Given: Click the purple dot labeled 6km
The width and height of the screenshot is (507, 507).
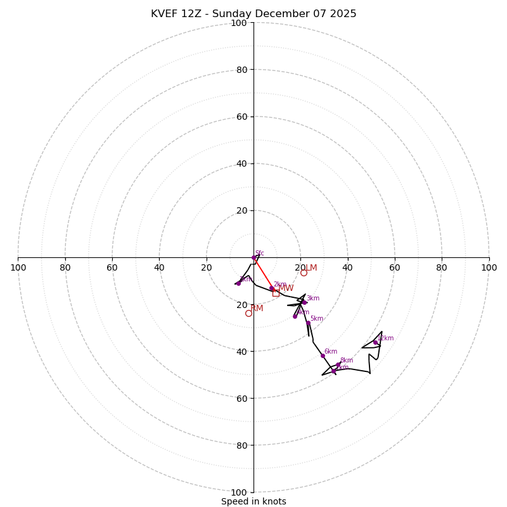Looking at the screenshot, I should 323,356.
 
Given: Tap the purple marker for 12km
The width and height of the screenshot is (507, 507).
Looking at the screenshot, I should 375,342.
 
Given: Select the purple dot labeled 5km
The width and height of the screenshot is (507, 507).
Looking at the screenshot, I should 308,323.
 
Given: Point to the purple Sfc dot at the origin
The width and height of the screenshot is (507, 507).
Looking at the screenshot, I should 254,257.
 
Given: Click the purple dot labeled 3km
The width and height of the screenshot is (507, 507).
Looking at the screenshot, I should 304,302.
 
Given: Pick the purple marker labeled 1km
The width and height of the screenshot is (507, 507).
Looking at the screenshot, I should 238,283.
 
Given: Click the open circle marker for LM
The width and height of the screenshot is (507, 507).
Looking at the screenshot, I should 304,273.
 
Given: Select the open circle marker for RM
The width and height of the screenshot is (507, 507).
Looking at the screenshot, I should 248,313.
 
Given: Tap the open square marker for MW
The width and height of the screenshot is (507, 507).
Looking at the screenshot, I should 276,293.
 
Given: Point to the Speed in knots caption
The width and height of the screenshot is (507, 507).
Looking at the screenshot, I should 253,501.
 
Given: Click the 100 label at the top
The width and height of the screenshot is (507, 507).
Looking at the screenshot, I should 239,23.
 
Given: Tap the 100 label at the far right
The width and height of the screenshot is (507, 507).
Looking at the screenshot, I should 489,267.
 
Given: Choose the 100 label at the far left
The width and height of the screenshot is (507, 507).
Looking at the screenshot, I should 18,267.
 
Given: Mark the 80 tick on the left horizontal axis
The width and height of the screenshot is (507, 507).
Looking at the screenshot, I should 65,267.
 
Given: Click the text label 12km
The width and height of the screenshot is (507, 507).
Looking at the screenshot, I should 386,338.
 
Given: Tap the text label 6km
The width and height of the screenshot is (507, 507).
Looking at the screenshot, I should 331,352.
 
